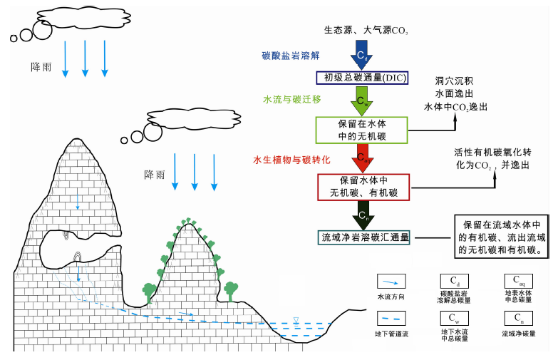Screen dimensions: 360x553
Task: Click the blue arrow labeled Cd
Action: click(362, 53)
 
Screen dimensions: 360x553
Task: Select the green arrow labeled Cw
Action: click(362, 101)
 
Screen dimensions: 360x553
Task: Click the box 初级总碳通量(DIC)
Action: click(361, 77)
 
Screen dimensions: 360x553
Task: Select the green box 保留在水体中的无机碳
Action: click(362, 130)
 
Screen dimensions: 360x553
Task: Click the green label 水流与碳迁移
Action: click(291, 100)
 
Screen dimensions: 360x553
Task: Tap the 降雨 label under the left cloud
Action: click(41, 67)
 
